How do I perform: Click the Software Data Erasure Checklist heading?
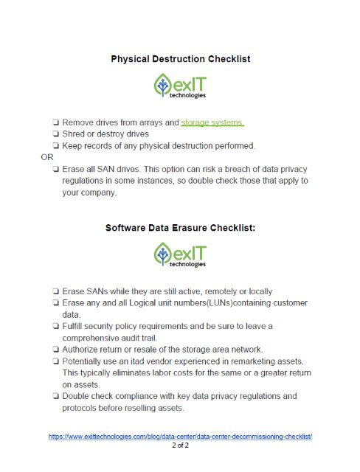[x=180, y=229]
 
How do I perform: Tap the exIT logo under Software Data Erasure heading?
[x=180, y=256]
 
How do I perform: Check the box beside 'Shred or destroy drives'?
[x=55, y=133]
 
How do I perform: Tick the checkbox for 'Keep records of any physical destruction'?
[x=55, y=145]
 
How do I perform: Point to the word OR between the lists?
[x=46, y=156]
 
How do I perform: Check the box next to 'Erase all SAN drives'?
[x=55, y=169]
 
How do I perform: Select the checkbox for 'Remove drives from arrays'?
[x=55, y=122]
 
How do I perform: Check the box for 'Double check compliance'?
[x=55, y=396]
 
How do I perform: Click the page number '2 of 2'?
[x=180, y=446]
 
